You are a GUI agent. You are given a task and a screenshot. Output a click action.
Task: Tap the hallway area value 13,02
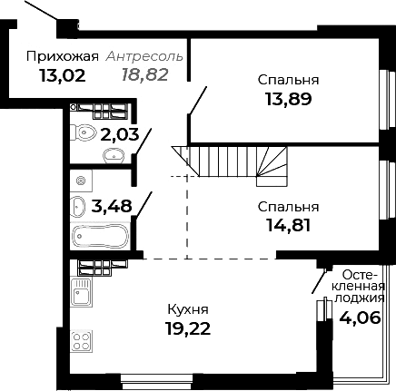pos(62,75)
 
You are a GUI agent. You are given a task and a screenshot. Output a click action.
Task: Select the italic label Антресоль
pos(145,56)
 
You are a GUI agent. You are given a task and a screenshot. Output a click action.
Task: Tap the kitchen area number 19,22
pos(189,328)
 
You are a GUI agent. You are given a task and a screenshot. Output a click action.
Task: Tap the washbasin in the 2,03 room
pos(114,155)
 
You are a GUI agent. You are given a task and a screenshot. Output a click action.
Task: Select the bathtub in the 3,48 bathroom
pos(101,238)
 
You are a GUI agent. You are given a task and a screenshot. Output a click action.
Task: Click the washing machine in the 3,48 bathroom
pos(80,179)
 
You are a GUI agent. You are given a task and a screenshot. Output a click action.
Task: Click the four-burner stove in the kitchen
pos(80,342)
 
